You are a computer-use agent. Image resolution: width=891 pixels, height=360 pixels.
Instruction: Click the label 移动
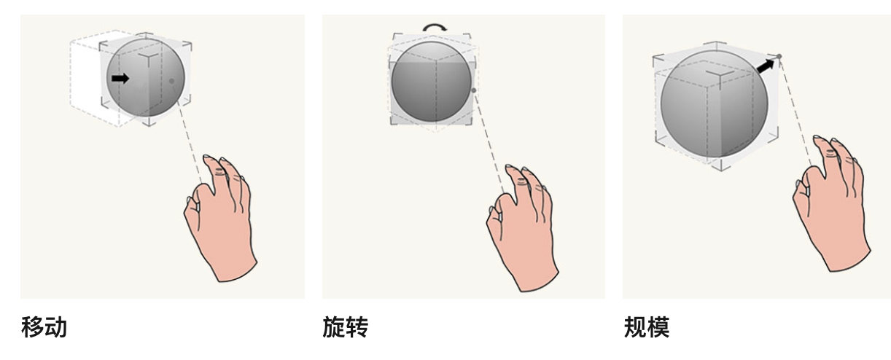[44, 327]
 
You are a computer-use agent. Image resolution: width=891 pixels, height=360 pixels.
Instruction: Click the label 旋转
[345, 327]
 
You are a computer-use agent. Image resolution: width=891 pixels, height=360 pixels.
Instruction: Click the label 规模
[646, 327]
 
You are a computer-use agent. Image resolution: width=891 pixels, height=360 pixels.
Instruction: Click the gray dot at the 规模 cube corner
[779, 57]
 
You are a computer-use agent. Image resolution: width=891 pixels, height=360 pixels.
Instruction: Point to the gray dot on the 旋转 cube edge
[474, 90]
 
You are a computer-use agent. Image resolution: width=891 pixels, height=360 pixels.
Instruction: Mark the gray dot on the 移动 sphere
[171, 81]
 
